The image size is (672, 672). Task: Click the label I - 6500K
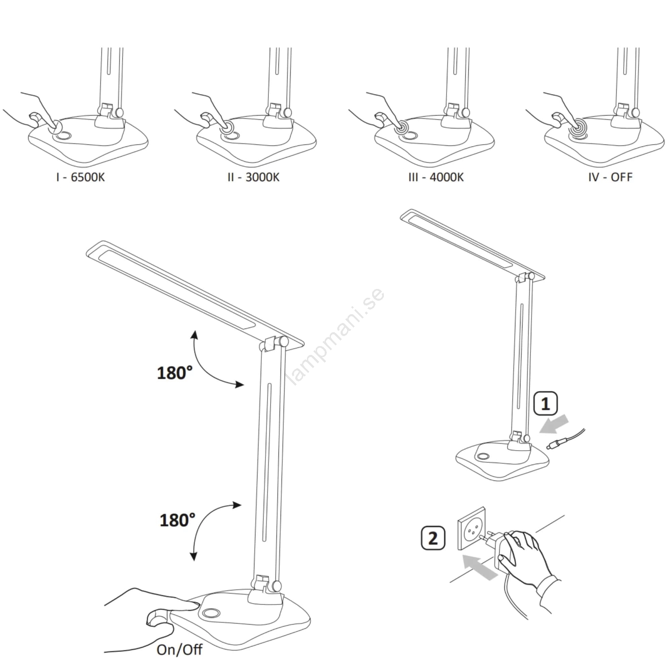pyautogui.click(x=80, y=177)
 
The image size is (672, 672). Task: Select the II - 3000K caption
pyautogui.click(x=253, y=177)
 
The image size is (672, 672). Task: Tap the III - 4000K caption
pyautogui.click(x=436, y=177)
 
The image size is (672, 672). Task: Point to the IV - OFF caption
pyautogui.click(x=610, y=177)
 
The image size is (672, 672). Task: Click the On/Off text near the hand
pyautogui.click(x=179, y=650)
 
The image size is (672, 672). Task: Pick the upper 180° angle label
pyautogui.click(x=175, y=373)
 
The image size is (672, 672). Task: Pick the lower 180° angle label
pyautogui.click(x=177, y=520)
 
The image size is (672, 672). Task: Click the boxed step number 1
pyautogui.click(x=546, y=404)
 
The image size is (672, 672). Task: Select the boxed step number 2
pyautogui.click(x=433, y=538)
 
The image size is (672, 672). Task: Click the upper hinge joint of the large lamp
pyautogui.click(x=274, y=343)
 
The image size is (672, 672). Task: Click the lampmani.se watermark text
pyautogui.click(x=336, y=336)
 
